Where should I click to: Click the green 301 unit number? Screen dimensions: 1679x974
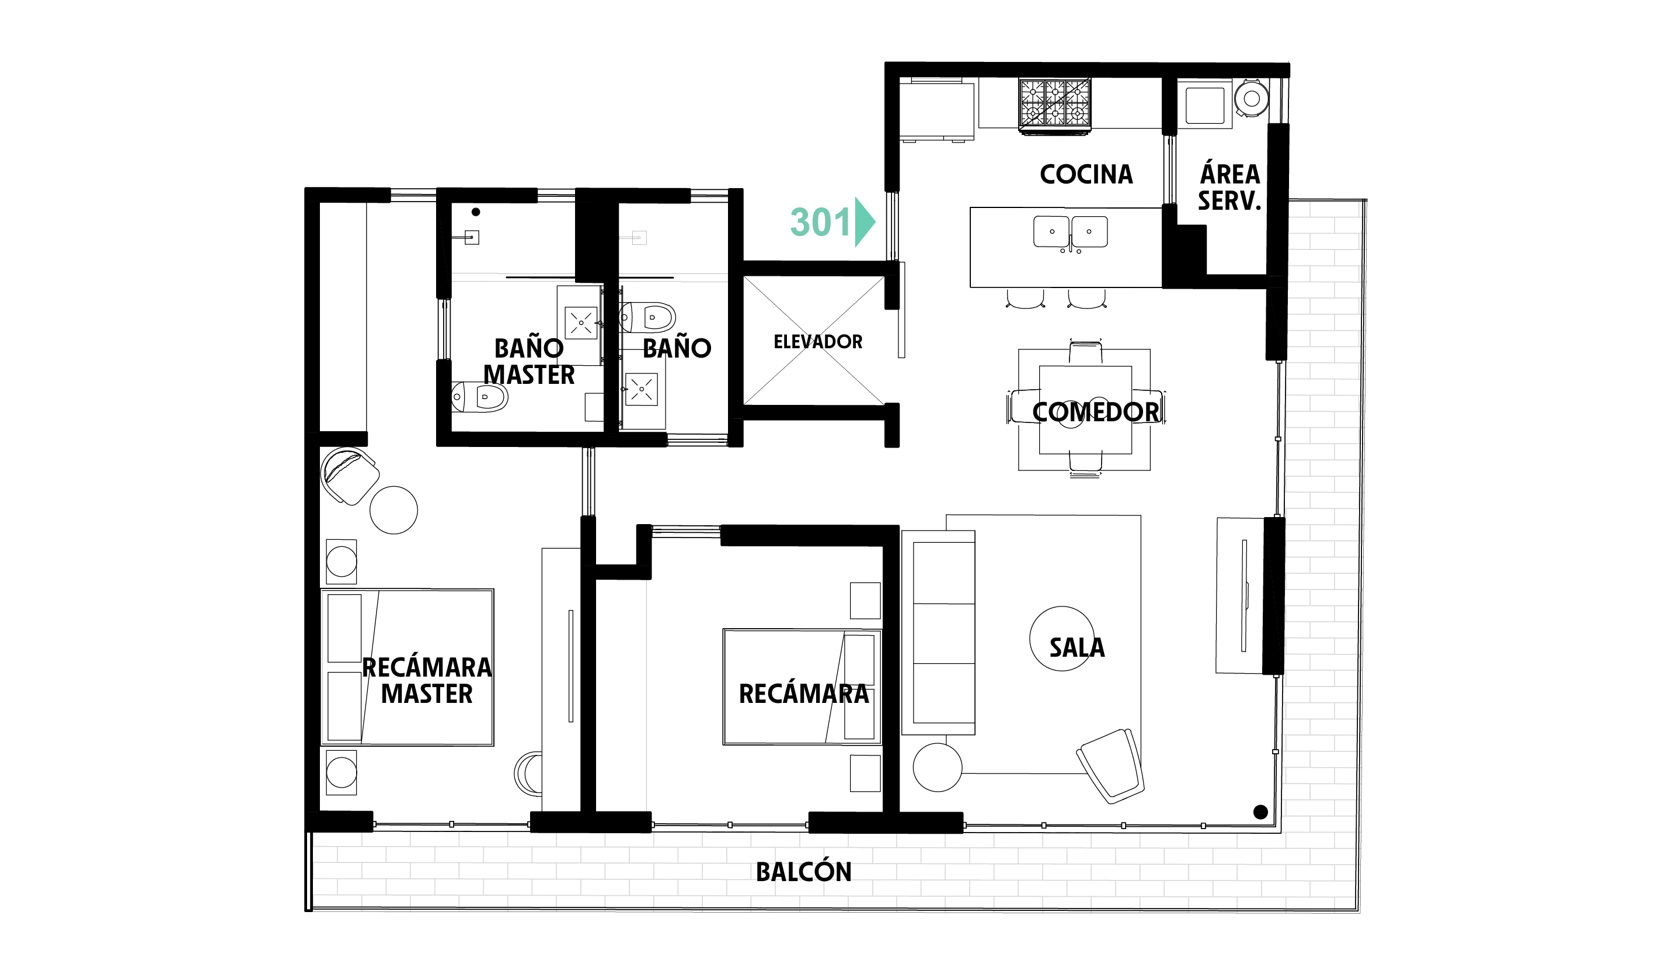click(x=820, y=222)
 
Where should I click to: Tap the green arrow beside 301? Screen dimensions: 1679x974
click(x=865, y=222)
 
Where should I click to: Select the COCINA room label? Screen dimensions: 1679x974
click(x=1086, y=175)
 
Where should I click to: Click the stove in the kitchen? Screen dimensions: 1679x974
click(x=1055, y=104)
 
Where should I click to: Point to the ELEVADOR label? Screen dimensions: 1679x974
click(x=817, y=342)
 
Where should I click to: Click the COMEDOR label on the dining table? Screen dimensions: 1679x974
click(x=1096, y=412)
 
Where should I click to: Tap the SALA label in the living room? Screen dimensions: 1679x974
click(x=1077, y=647)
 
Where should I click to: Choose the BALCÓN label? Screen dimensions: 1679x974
click(x=803, y=871)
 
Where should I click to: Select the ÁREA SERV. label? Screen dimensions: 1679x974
click(x=1230, y=188)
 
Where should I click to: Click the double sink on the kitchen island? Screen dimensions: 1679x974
click(x=1070, y=232)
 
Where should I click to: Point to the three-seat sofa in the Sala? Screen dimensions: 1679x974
click(x=938, y=633)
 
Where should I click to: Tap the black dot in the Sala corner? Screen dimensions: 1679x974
click(x=1260, y=812)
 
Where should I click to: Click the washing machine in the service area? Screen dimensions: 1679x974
click(x=1251, y=99)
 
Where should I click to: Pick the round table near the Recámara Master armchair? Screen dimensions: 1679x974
click(x=393, y=510)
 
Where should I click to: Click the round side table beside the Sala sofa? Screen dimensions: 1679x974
click(x=938, y=767)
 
